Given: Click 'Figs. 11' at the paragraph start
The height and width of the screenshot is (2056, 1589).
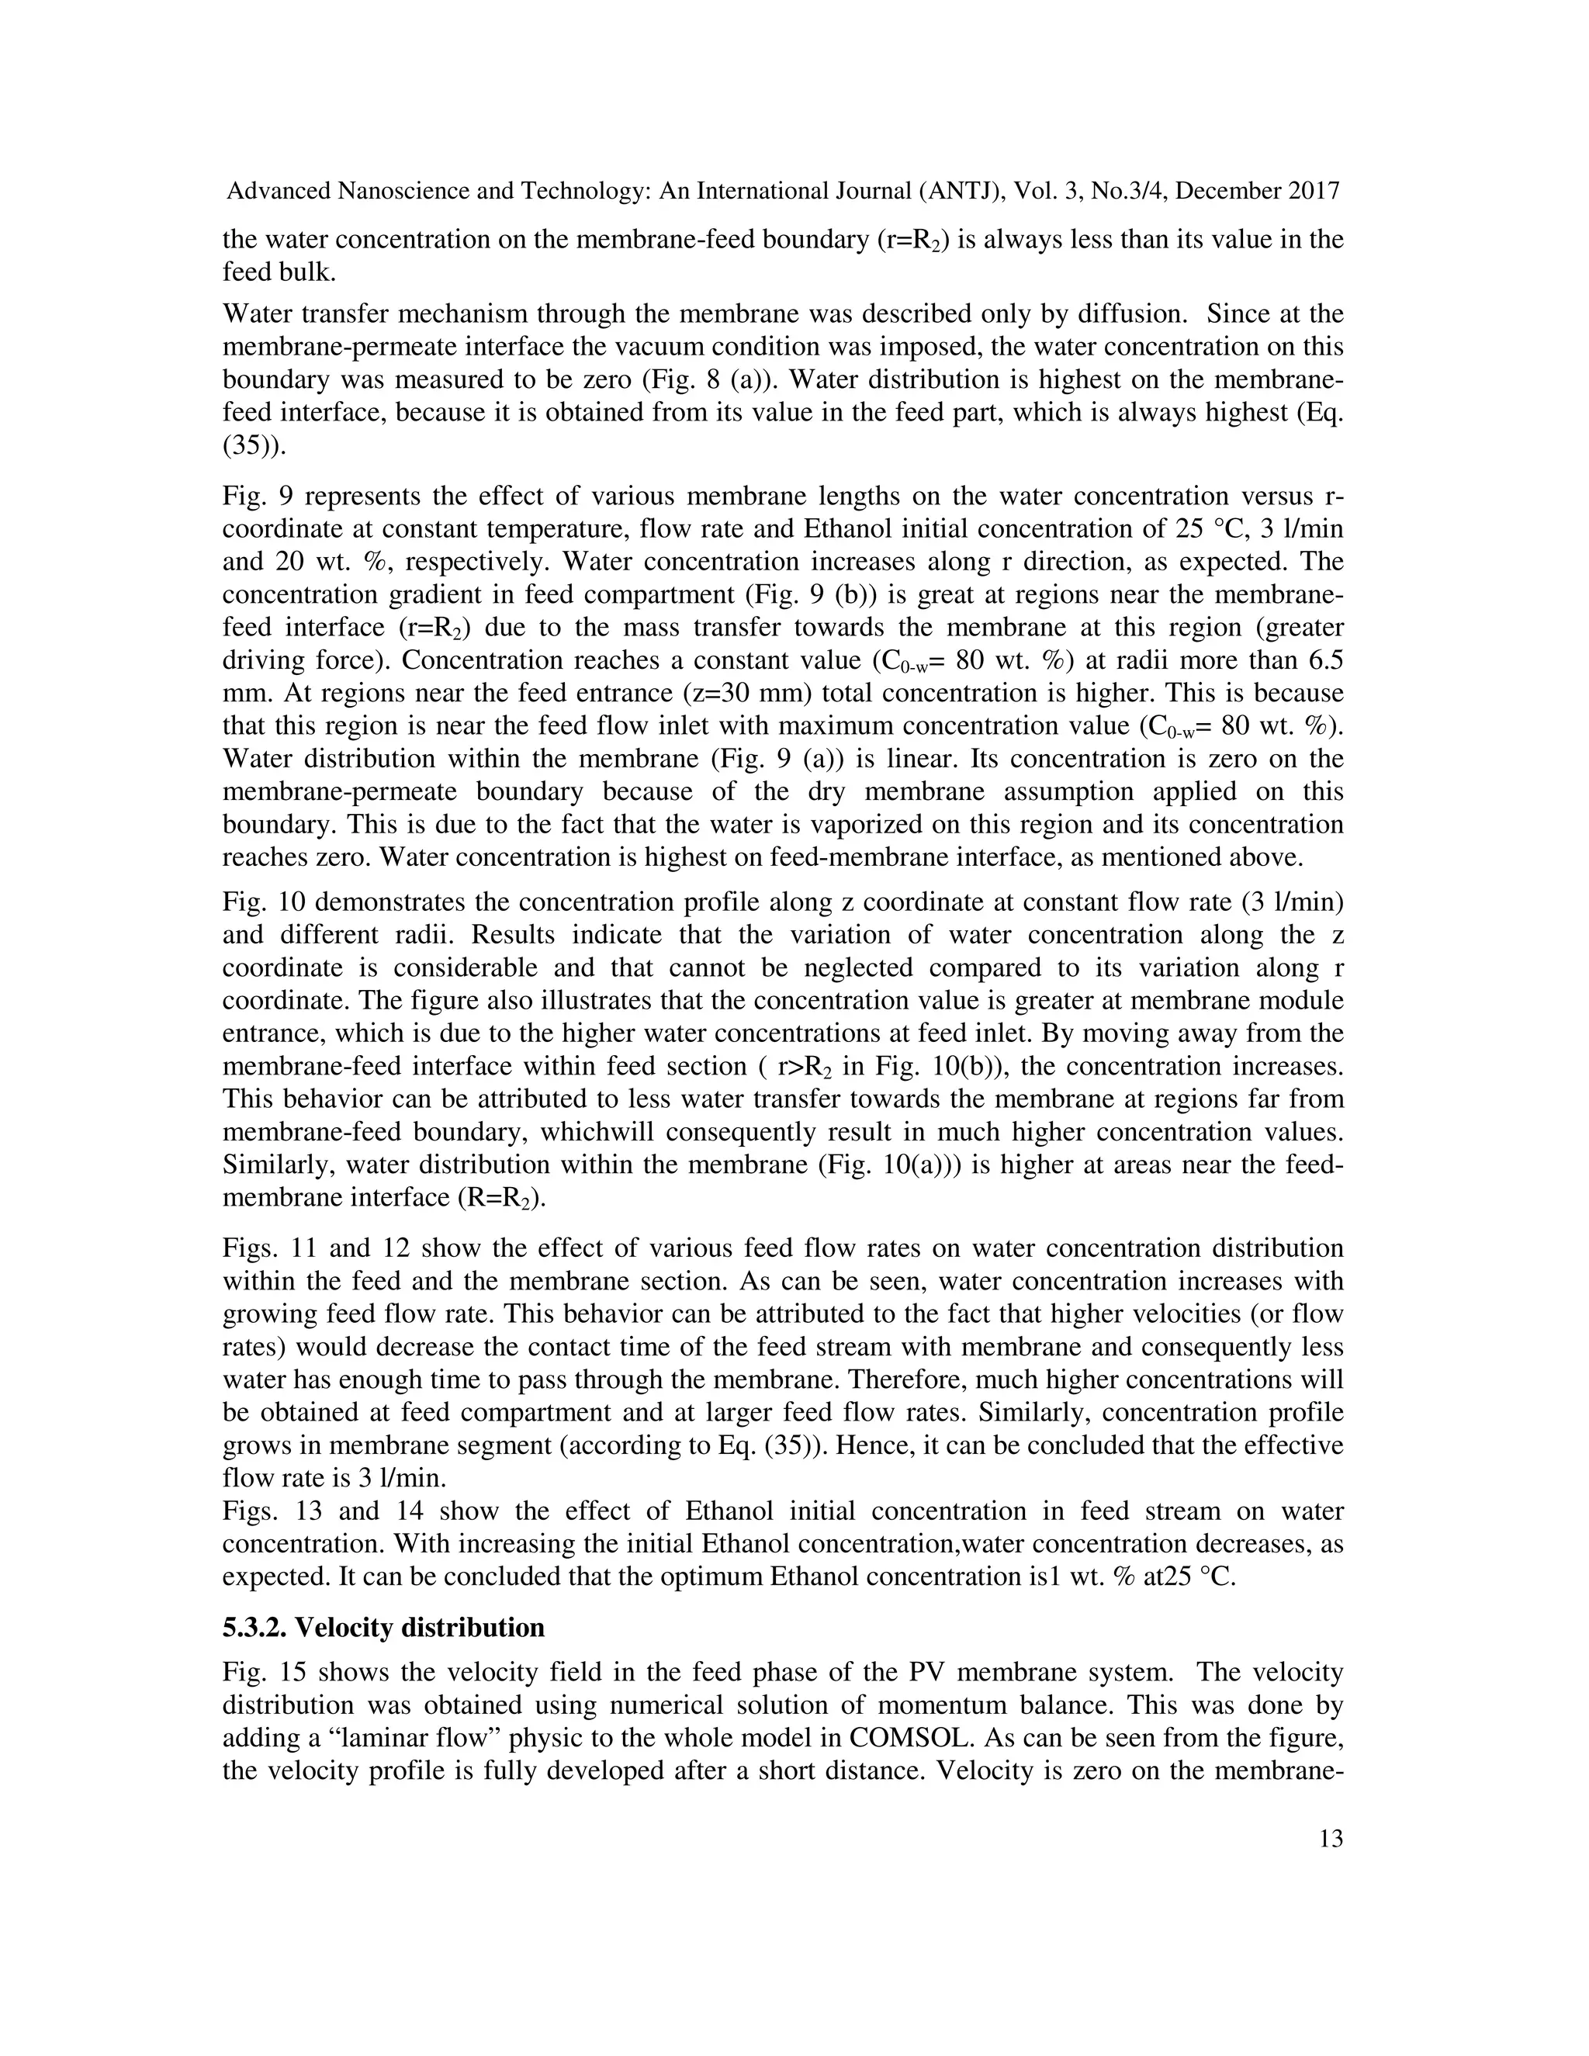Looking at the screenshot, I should coord(268,1248).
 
